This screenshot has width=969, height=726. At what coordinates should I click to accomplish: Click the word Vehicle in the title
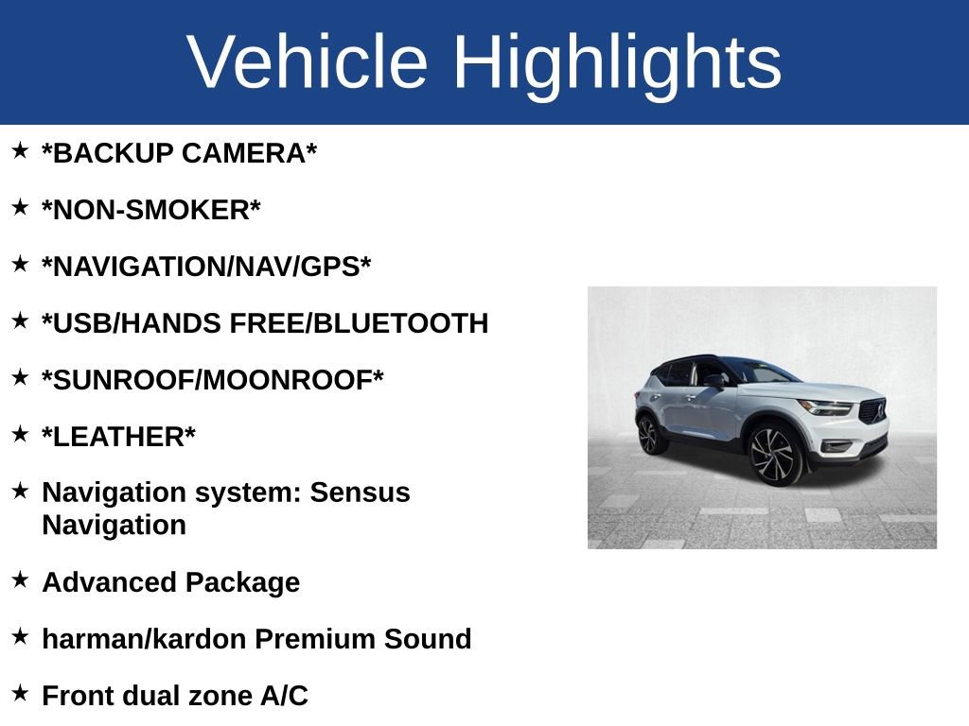click(308, 62)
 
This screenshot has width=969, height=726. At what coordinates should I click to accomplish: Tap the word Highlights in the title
click(617, 62)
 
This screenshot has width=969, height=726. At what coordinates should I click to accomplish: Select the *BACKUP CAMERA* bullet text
click(179, 153)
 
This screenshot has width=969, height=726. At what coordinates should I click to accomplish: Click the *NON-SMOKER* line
click(150, 210)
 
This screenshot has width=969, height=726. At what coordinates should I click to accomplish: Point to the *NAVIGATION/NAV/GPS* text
click(206, 267)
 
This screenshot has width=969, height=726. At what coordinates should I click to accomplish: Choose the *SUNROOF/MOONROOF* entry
click(213, 380)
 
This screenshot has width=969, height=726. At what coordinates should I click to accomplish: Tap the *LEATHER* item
click(118, 437)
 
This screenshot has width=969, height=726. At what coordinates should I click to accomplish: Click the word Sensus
click(361, 493)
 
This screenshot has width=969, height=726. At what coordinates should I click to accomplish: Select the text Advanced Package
click(170, 582)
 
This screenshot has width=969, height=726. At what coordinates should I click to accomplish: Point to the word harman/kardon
click(145, 639)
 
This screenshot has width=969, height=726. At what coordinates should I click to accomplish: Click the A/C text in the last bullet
click(284, 696)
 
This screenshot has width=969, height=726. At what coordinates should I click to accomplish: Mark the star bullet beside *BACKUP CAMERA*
click(20, 150)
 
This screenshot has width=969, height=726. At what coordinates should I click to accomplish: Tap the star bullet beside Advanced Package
click(20, 579)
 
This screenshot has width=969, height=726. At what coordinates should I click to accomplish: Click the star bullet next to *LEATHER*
click(20, 434)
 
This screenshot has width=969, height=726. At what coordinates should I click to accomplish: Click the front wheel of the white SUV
click(776, 455)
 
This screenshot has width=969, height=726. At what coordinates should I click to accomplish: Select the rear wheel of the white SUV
click(649, 435)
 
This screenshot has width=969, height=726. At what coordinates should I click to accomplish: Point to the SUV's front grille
click(872, 412)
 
